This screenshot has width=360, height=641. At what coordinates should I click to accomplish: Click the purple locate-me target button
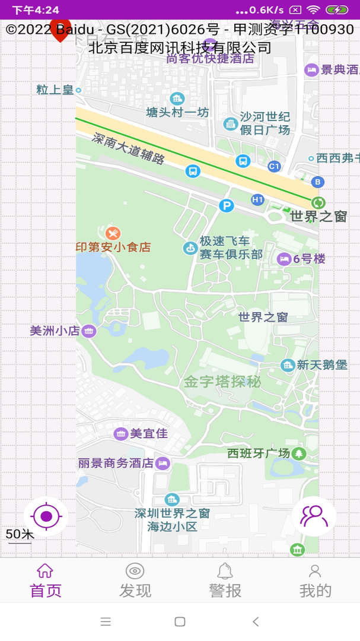pyautogui.click(x=46, y=516)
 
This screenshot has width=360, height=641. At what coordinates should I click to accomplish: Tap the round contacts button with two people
pyautogui.click(x=314, y=516)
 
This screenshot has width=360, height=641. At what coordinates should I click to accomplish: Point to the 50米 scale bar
pyautogui.click(x=20, y=535)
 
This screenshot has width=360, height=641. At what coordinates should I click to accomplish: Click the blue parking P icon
pyautogui.click(x=226, y=206)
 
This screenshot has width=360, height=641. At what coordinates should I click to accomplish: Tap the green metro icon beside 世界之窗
pyautogui.click(x=318, y=203)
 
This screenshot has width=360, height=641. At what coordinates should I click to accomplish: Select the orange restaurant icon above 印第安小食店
pyautogui.click(x=113, y=233)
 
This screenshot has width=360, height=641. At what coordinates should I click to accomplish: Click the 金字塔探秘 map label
pyautogui.click(x=222, y=382)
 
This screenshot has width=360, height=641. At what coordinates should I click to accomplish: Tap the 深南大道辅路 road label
pyautogui.click(x=128, y=148)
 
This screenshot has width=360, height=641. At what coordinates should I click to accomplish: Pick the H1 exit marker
pyautogui.click(x=257, y=200)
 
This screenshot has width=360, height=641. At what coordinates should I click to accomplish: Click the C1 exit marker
pyautogui.click(x=273, y=167)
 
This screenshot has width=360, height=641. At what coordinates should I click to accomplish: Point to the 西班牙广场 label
pyautogui.click(x=259, y=453)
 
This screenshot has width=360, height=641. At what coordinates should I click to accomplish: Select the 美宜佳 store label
pyautogui.click(x=149, y=434)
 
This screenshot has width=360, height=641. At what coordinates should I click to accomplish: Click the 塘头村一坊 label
pyautogui.click(x=178, y=112)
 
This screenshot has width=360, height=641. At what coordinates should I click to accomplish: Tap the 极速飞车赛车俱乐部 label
pyautogui.click(x=231, y=247)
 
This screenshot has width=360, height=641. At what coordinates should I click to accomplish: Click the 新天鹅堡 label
pyautogui.click(x=322, y=365)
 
